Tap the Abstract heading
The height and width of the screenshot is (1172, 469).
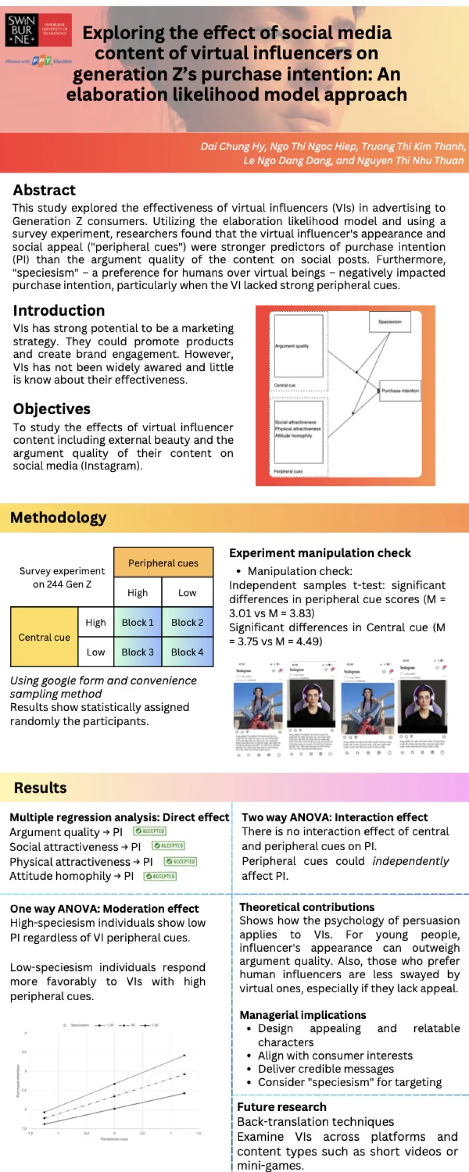click(44, 190)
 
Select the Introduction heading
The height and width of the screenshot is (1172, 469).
click(59, 310)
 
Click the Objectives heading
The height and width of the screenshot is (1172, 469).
click(52, 409)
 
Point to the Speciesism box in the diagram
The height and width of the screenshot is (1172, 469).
click(390, 322)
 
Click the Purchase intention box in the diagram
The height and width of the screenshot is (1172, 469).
click(400, 391)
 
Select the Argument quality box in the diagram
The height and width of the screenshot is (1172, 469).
click(299, 346)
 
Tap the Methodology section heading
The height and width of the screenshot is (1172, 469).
click(58, 517)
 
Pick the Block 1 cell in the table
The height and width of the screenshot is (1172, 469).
click(138, 622)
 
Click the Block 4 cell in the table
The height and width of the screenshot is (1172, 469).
click(187, 652)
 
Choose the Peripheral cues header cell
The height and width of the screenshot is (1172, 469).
click(163, 563)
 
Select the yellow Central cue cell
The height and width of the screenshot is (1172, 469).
click(44, 637)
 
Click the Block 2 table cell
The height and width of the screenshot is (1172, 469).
click(187, 622)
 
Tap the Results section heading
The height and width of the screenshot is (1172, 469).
click(40, 788)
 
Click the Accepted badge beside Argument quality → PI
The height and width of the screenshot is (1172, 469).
click(150, 831)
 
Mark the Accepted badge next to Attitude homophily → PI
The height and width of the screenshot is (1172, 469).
click(160, 876)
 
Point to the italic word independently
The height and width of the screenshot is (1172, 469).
click(411, 861)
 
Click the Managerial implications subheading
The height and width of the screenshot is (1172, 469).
click(303, 1015)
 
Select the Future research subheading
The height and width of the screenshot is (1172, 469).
click(281, 1107)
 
